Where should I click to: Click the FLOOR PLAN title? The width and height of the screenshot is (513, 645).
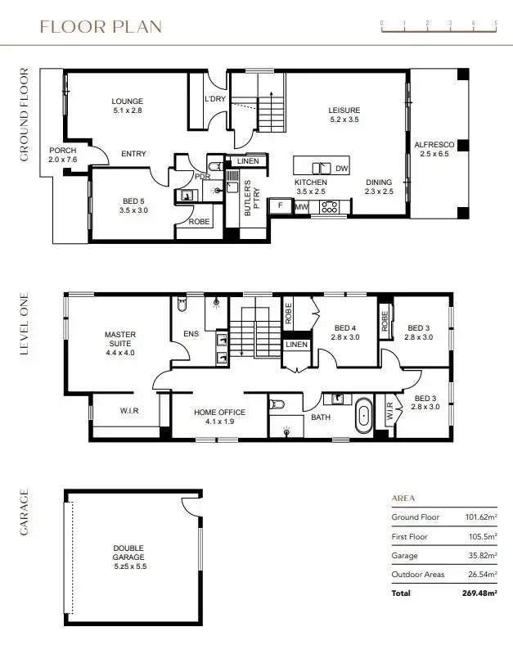(101, 26)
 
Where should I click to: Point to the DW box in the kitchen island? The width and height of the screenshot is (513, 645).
(341, 168)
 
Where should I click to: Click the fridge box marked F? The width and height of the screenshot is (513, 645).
(281, 205)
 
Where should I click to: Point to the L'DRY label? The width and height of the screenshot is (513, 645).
(215, 99)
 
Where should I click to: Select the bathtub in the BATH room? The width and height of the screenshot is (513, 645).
(363, 416)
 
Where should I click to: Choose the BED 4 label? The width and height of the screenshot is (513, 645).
(344, 332)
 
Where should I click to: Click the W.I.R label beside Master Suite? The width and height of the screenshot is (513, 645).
(129, 411)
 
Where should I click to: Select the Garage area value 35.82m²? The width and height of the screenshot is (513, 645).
(481, 556)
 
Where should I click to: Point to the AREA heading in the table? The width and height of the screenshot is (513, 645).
(403, 498)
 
